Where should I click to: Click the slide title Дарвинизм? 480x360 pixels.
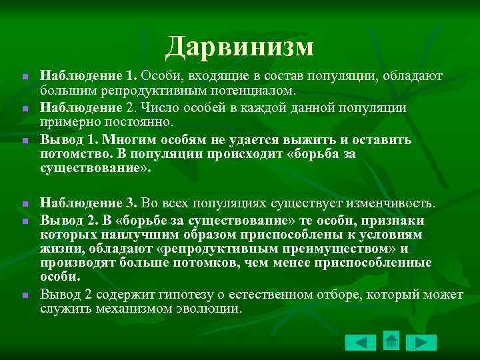pyautogui.click(x=240, y=46)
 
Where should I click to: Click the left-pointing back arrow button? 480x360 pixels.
pyautogui.click(x=361, y=343)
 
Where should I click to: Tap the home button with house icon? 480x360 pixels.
pyautogui.click(x=391, y=341)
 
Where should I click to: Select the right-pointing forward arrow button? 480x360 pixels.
pyautogui.click(x=421, y=343)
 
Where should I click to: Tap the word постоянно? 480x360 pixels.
pyautogui.click(x=141, y=122)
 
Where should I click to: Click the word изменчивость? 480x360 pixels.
pyautogui.click(x=394, y=202)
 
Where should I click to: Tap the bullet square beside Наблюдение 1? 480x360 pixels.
pyautogui.click(x=23, y=78)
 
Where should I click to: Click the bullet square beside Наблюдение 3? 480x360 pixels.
pyautogui.click(x=23, y=203)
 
